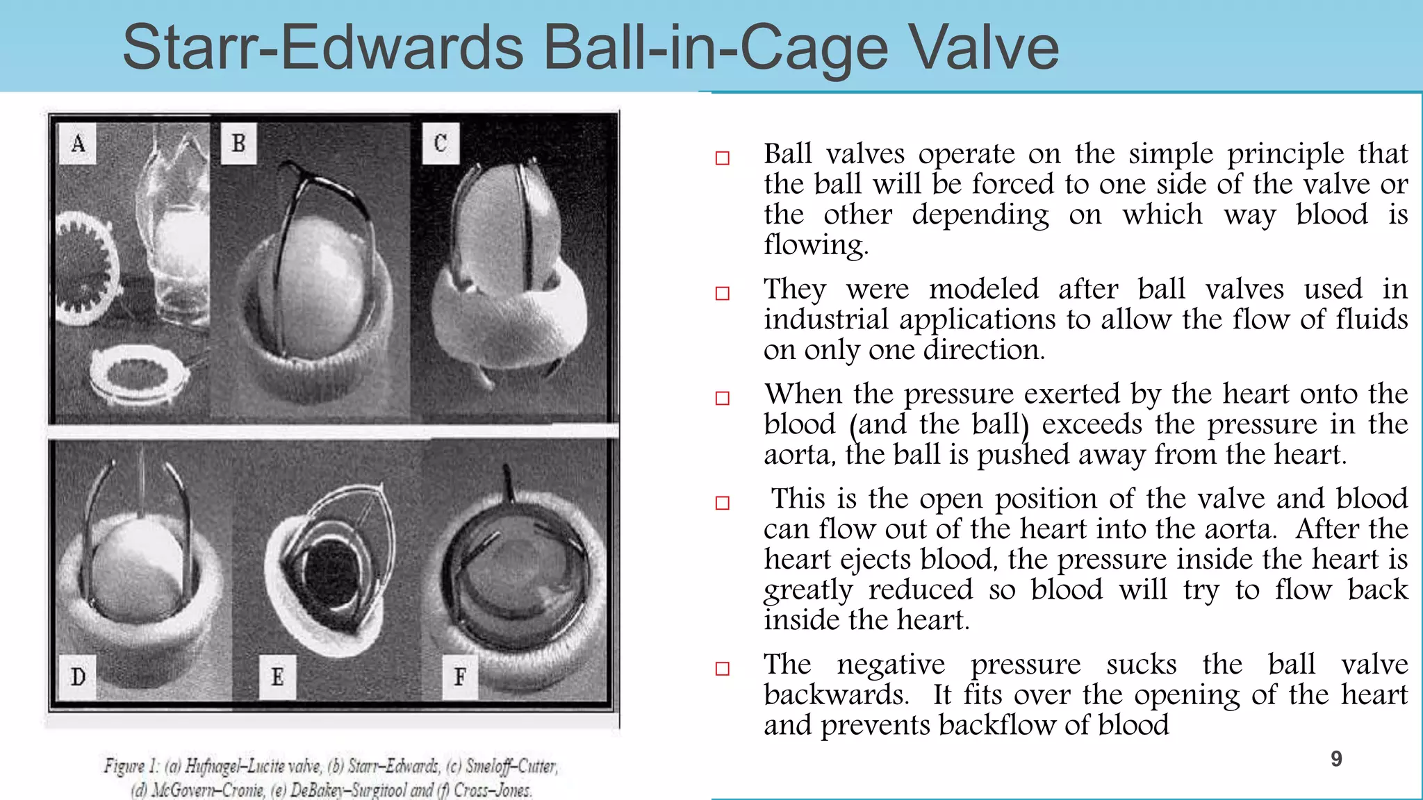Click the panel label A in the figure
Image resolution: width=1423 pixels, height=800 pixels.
[x=78, y=144]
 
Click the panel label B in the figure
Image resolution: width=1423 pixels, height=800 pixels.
[x=238, y=144]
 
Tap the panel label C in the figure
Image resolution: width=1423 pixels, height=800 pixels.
[x=441, y=144]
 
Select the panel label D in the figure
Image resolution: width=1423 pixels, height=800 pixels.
[x=78, y=676]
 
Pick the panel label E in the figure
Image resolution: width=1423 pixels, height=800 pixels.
[x=277, y=676]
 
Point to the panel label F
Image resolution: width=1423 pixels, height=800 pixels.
[x=460, y=676]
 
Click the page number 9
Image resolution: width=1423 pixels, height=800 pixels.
[x=1336, y=759]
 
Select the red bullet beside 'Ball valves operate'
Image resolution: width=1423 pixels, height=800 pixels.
[x=723, y=158]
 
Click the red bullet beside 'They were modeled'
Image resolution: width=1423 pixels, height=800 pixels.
[x=723, y=294]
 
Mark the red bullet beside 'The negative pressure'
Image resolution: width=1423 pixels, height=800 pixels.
[x=723, y=669]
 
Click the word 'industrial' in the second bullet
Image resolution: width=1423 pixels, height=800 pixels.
[x=826, y=320]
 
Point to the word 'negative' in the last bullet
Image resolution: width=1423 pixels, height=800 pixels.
[x=891, y=665]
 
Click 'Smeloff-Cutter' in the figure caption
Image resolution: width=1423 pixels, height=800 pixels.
[x=511, y=766]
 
